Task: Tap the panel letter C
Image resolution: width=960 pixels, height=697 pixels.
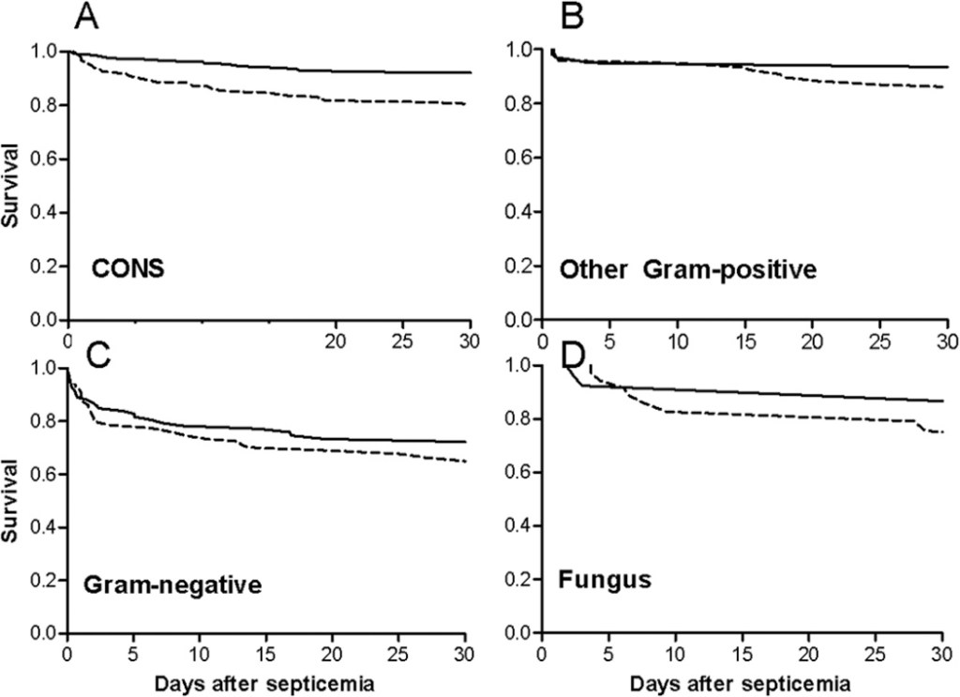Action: [x=98, y=356]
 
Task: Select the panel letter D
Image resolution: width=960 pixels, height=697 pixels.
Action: [x=573, y=356]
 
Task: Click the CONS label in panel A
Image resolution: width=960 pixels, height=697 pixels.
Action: [x=127, y=269]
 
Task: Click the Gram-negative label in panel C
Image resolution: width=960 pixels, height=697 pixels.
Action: [x=172, y=585]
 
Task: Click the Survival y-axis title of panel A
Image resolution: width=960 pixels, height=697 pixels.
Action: [x=9, y=185]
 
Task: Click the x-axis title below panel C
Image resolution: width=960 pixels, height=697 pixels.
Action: [x=264, y=684]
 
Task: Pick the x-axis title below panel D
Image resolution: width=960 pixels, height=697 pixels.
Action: [x=740, y=684]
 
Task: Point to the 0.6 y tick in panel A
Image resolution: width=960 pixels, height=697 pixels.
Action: [x=43, y=159]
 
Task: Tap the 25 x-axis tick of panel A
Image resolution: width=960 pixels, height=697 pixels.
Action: [x=402, y=340]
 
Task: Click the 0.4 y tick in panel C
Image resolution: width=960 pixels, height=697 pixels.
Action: [x=43, y=527]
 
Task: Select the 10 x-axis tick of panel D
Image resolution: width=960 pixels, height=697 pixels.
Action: [x=676, y=653]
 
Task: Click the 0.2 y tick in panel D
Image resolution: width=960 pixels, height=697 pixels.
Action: [x=517, y=580]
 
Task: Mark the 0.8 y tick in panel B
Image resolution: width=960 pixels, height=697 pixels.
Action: [x=517, y=103]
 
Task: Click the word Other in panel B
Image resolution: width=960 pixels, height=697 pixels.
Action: [x=593, y=269]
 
